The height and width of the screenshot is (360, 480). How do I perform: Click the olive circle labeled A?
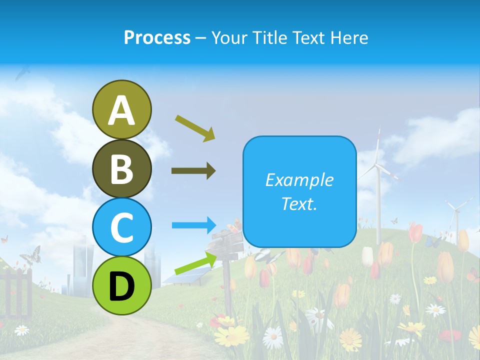click(x=121, y=109)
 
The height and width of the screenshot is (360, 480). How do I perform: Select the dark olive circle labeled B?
click(x=121, y=168)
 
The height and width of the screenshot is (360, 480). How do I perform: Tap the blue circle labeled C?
click(x=121, y=227)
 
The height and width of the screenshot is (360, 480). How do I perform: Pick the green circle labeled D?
click(x=121, y=285)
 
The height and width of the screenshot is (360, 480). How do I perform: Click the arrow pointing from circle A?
click(x=195, y=127)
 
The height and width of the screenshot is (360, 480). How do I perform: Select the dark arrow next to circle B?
click(x=193, y=171)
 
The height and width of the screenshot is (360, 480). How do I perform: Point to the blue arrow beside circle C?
click(x=194, y=225)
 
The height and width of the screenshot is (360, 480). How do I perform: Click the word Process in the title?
click(x=157, y=37)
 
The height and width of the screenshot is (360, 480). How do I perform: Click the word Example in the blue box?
click(x=299, y=180)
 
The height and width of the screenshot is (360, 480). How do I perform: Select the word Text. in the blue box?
click(x=299, y=203)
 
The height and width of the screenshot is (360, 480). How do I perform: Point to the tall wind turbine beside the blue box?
click(x=378, y=185)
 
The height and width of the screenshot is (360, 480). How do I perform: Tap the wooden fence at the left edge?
click(x=15, y=290)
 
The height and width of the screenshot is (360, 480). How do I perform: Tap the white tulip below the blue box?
click(x=367, y=256)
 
